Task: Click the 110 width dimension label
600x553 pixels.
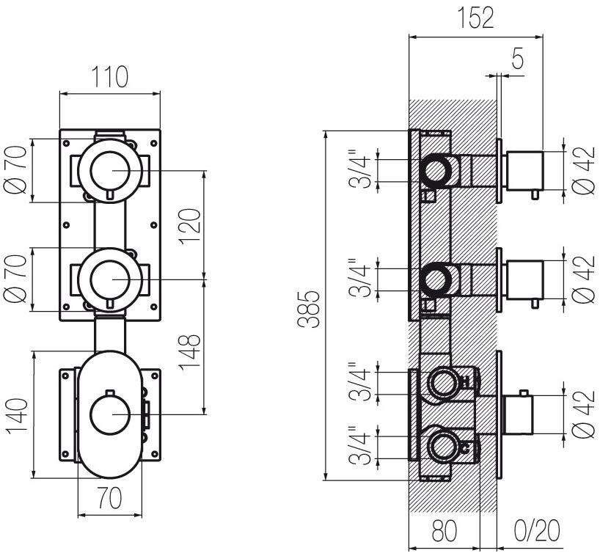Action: click(109, 76)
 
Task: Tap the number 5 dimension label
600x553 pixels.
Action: click(518, 61)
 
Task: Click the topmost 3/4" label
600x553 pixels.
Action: click(361, 167)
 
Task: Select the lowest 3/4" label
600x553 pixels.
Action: click(361, 445)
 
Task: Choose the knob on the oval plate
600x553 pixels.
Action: click(110, 414)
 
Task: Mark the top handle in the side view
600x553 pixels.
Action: click(524, 168)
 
